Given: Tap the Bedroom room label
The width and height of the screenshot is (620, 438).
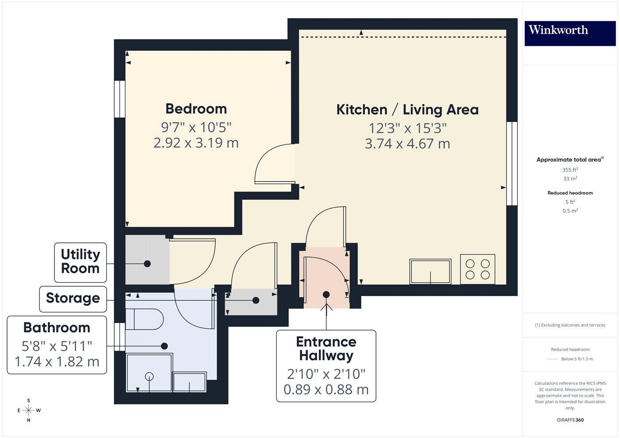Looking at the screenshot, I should point(196,109).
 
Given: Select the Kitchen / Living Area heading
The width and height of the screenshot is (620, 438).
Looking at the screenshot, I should point(407,110).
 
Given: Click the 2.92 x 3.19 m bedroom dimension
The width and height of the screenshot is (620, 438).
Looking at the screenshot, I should point(196,143).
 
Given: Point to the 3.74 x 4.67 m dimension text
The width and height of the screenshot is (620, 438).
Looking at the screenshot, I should point(407,144).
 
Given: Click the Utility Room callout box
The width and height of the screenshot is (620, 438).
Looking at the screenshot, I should point(81,262).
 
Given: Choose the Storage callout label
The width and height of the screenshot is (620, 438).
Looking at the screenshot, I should point(73,299).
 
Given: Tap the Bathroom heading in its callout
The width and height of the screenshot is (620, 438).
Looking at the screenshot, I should point(57,328).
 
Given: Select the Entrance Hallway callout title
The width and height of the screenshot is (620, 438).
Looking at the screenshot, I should point(326,349).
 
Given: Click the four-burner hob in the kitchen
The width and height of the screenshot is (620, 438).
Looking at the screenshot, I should point(477,269).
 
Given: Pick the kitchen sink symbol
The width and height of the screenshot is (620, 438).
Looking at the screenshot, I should point(430,271).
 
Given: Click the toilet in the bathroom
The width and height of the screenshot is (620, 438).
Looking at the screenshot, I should point(144,319).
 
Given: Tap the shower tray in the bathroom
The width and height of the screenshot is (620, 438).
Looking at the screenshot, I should point(149,373).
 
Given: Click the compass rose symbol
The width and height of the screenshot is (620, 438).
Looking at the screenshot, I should point(29,411).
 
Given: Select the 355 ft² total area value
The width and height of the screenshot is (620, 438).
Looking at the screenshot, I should point(570,170).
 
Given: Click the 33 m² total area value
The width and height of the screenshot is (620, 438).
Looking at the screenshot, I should point(570,179).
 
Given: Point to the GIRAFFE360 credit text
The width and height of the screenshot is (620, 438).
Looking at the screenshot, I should point(570,420).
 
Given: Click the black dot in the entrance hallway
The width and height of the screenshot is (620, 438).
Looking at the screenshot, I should point(326,295).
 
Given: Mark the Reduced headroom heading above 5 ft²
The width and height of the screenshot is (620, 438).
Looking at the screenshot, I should point(570,193).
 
